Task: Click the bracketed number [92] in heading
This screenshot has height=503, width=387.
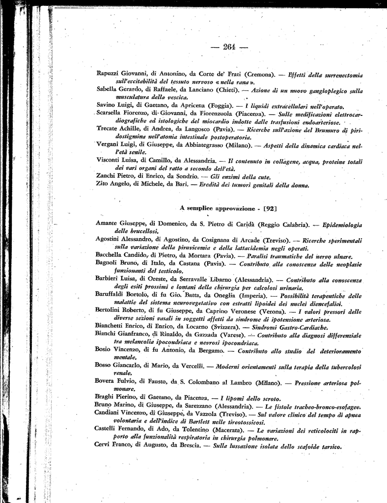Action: [270, 208]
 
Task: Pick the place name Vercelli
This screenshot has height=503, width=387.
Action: [188, 366]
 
